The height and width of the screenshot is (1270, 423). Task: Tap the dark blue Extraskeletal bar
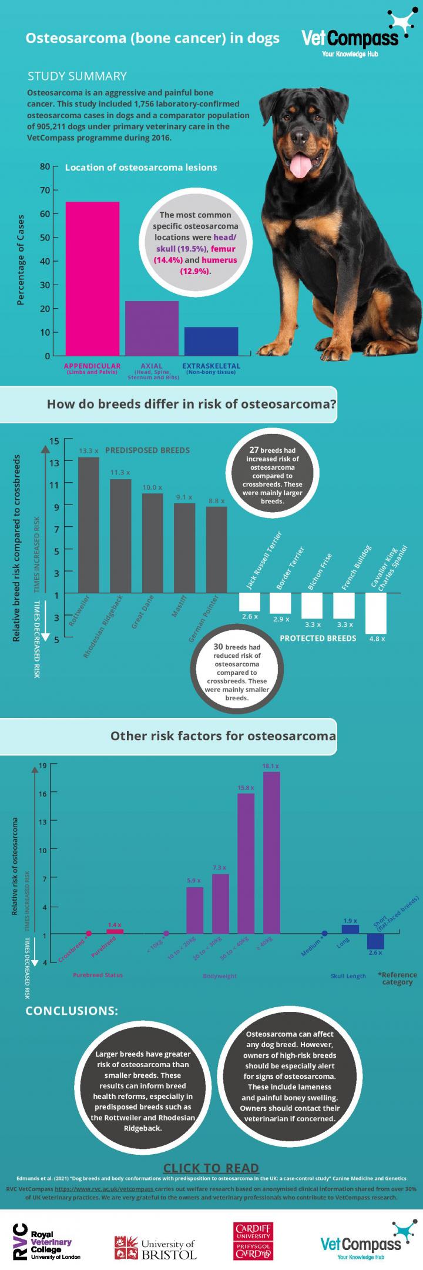[211, 341]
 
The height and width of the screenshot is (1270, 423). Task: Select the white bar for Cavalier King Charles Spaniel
[375, 613]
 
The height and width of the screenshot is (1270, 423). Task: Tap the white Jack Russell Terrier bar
[249, 601]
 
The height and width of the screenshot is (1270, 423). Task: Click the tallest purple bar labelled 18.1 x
[271, 853]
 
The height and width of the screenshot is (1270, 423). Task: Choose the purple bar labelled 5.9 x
[194, 910]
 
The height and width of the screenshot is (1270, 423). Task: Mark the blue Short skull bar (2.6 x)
[375, 941]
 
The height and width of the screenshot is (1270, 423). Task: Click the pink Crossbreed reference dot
[89, 934]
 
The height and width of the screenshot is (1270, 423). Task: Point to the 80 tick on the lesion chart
[45, 166]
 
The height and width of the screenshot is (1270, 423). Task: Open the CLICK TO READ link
[210, 1168]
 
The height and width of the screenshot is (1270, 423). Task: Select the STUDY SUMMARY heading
[77, 76]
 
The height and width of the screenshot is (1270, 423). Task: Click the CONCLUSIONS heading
[72, 1011]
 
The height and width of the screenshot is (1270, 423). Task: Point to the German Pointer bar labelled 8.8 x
[216, 549]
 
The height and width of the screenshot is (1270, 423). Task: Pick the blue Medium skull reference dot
[324, 933]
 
